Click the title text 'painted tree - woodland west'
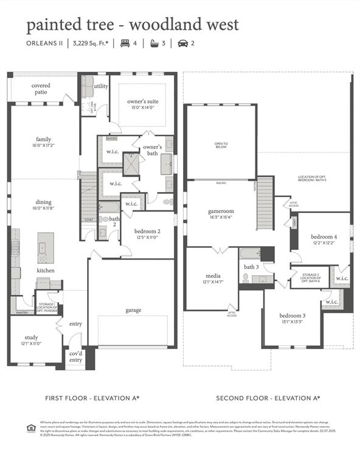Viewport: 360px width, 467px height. [132, 25]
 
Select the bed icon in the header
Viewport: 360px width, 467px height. [125, 44]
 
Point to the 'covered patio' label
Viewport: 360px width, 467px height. [41, 89]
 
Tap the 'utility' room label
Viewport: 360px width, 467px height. [101, 86]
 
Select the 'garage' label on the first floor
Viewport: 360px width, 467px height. [133, 310]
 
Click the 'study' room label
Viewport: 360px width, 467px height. [31, 337]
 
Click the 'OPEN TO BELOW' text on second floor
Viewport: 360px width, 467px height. [221, 145]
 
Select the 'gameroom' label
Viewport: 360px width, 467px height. [221, 212]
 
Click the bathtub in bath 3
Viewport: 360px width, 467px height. [249, 254]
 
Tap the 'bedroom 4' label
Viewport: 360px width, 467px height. [324, 237]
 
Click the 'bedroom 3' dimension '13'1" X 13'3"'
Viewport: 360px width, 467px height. [292, 322]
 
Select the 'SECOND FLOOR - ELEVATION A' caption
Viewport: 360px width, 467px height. [268, 398]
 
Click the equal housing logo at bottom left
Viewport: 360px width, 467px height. [31, 428]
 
